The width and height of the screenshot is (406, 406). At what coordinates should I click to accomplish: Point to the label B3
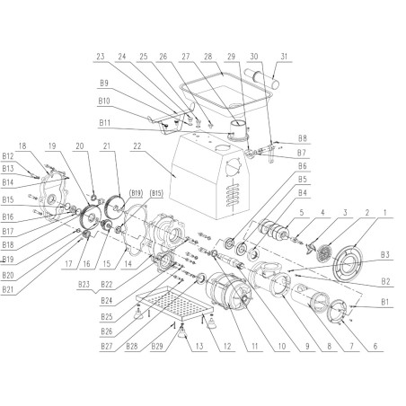(x=384, y=254)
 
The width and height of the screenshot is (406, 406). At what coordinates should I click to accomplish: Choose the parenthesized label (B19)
(x=136, y=192)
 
